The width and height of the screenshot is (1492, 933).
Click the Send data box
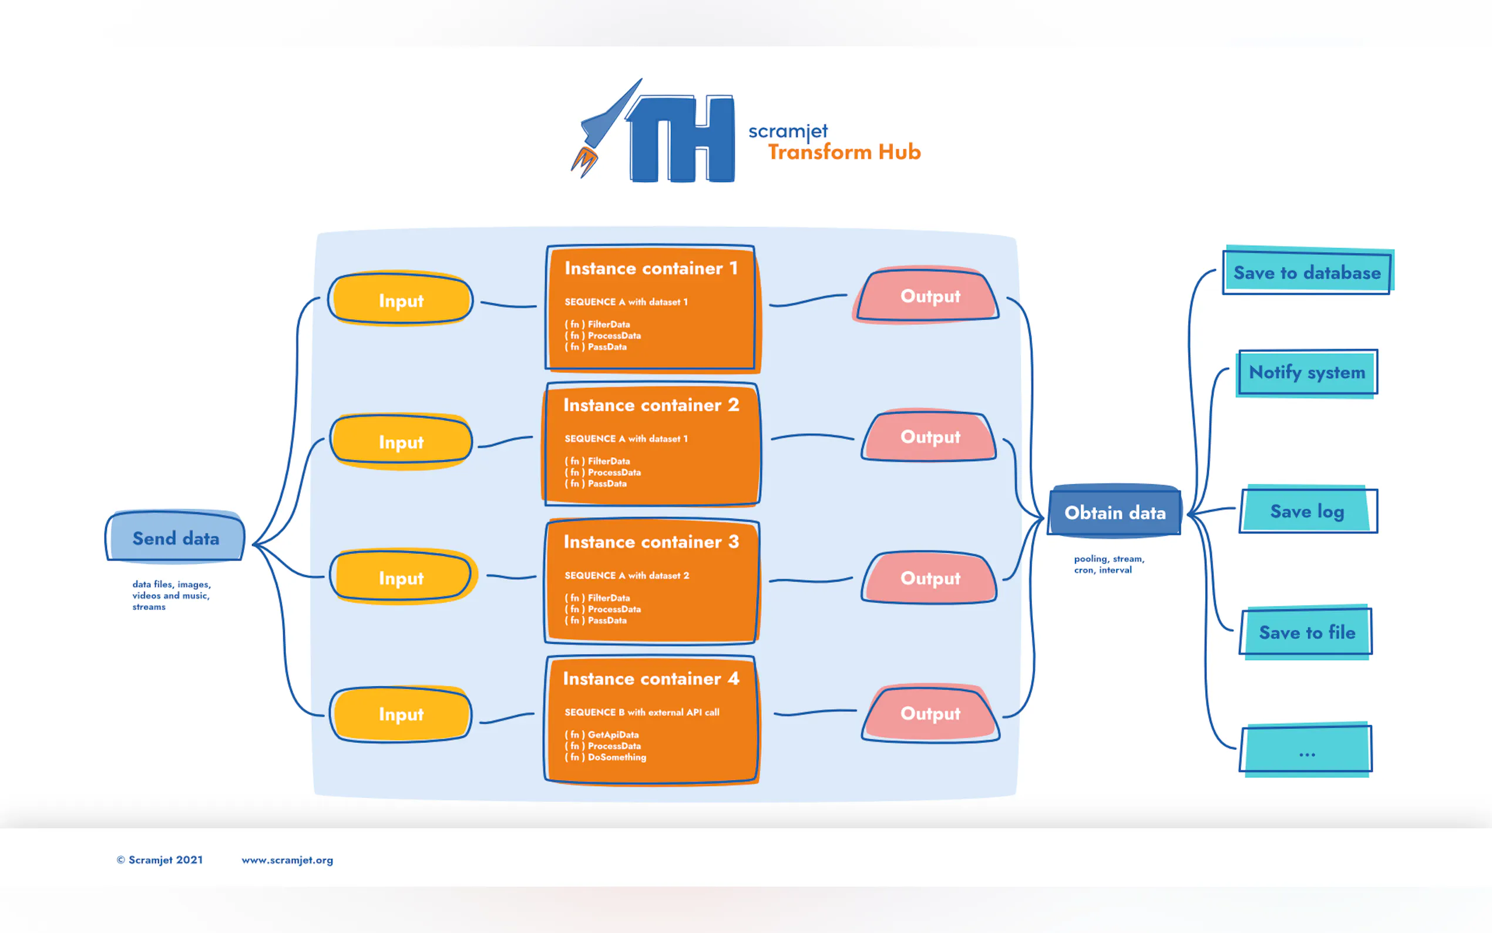(176, 538)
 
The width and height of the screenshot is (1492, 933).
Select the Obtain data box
(1114, 512)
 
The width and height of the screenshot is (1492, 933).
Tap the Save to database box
(1306, 272)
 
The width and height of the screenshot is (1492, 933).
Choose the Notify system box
(1306, 372)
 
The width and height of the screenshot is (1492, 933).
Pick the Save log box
(1307, 511)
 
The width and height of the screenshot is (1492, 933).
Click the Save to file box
(1306, 632)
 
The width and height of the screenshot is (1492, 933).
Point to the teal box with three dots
(1306, 750)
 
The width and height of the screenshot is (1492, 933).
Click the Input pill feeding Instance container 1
(401, 300)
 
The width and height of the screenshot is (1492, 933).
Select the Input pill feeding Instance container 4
(401, 714)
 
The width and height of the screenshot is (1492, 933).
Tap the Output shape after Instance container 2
(929, 437)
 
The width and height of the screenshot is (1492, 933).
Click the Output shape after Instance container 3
(929, 578)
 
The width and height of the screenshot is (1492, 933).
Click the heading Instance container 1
(651, 269)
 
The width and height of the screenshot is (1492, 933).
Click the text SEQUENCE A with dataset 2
(627, 575)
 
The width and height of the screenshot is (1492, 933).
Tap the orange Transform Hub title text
(844, 152)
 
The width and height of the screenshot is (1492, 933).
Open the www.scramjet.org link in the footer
(287, 860)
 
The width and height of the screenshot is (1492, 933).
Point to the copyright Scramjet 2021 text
(160, 860)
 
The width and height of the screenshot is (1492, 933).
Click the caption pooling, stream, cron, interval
(1108, 564)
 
